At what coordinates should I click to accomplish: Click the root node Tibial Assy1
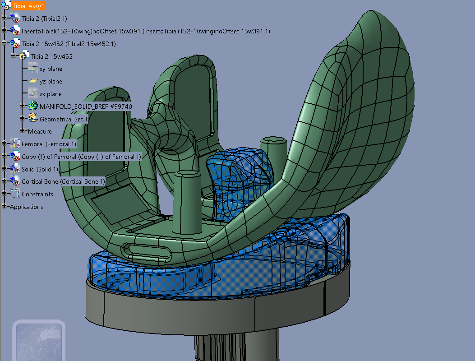point(28,6)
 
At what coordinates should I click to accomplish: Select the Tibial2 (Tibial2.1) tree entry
point(45,19)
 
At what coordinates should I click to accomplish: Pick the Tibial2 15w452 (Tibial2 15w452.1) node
point(69,44)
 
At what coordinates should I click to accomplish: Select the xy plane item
point(51,69)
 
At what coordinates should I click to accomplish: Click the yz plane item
point(51,82)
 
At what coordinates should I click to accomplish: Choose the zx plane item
point(51,94)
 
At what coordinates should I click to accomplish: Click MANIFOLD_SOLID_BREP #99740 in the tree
point(86,106)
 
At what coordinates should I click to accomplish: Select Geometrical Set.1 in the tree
point(64,119)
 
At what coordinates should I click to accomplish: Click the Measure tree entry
point(40,131)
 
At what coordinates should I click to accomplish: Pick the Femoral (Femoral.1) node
point(49,144)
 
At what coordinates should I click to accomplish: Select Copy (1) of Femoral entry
point(81,157)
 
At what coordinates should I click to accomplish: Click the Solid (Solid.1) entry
point(40,169)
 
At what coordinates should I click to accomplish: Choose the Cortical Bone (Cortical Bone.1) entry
point(63,181)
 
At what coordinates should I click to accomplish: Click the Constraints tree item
point(37,194)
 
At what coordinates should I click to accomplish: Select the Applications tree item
point(27,207)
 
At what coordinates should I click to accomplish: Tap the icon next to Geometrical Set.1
point(33,119)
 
